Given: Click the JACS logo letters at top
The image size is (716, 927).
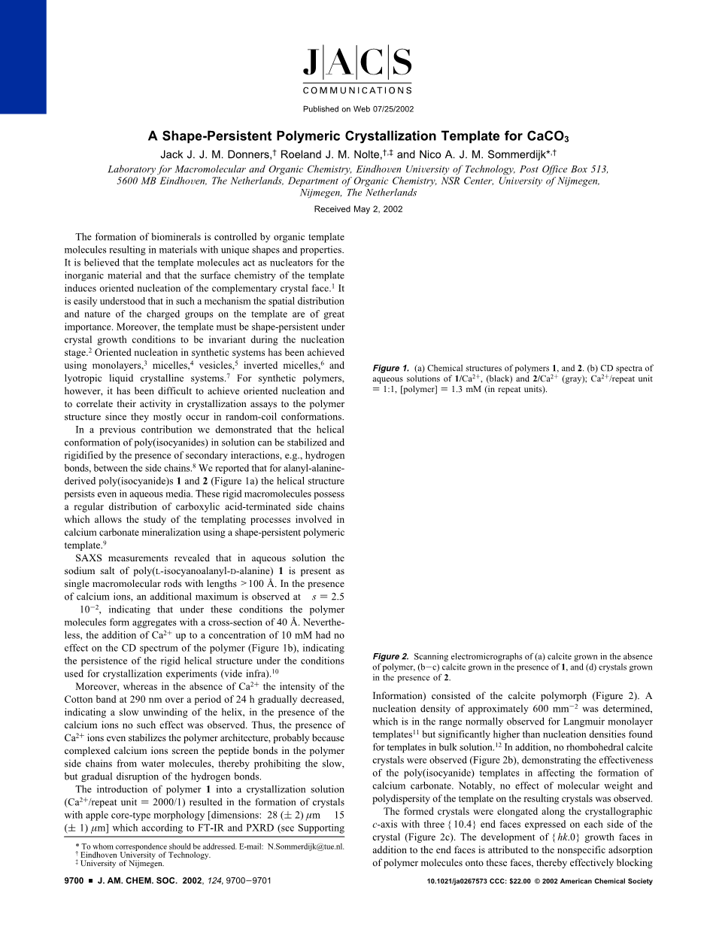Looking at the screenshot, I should [357, 63].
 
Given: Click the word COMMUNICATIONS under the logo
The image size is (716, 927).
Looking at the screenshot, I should [357, 90].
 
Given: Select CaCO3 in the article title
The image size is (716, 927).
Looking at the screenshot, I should [548, 137].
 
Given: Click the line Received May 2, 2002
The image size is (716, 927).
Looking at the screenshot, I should [358, 209].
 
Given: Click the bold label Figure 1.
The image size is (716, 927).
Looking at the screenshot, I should [390, 368].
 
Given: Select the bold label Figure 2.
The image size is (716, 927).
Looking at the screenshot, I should [390, 657].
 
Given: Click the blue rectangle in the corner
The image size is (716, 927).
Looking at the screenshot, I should [23, 56].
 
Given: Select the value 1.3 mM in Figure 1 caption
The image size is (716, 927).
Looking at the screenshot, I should [463, 389].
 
